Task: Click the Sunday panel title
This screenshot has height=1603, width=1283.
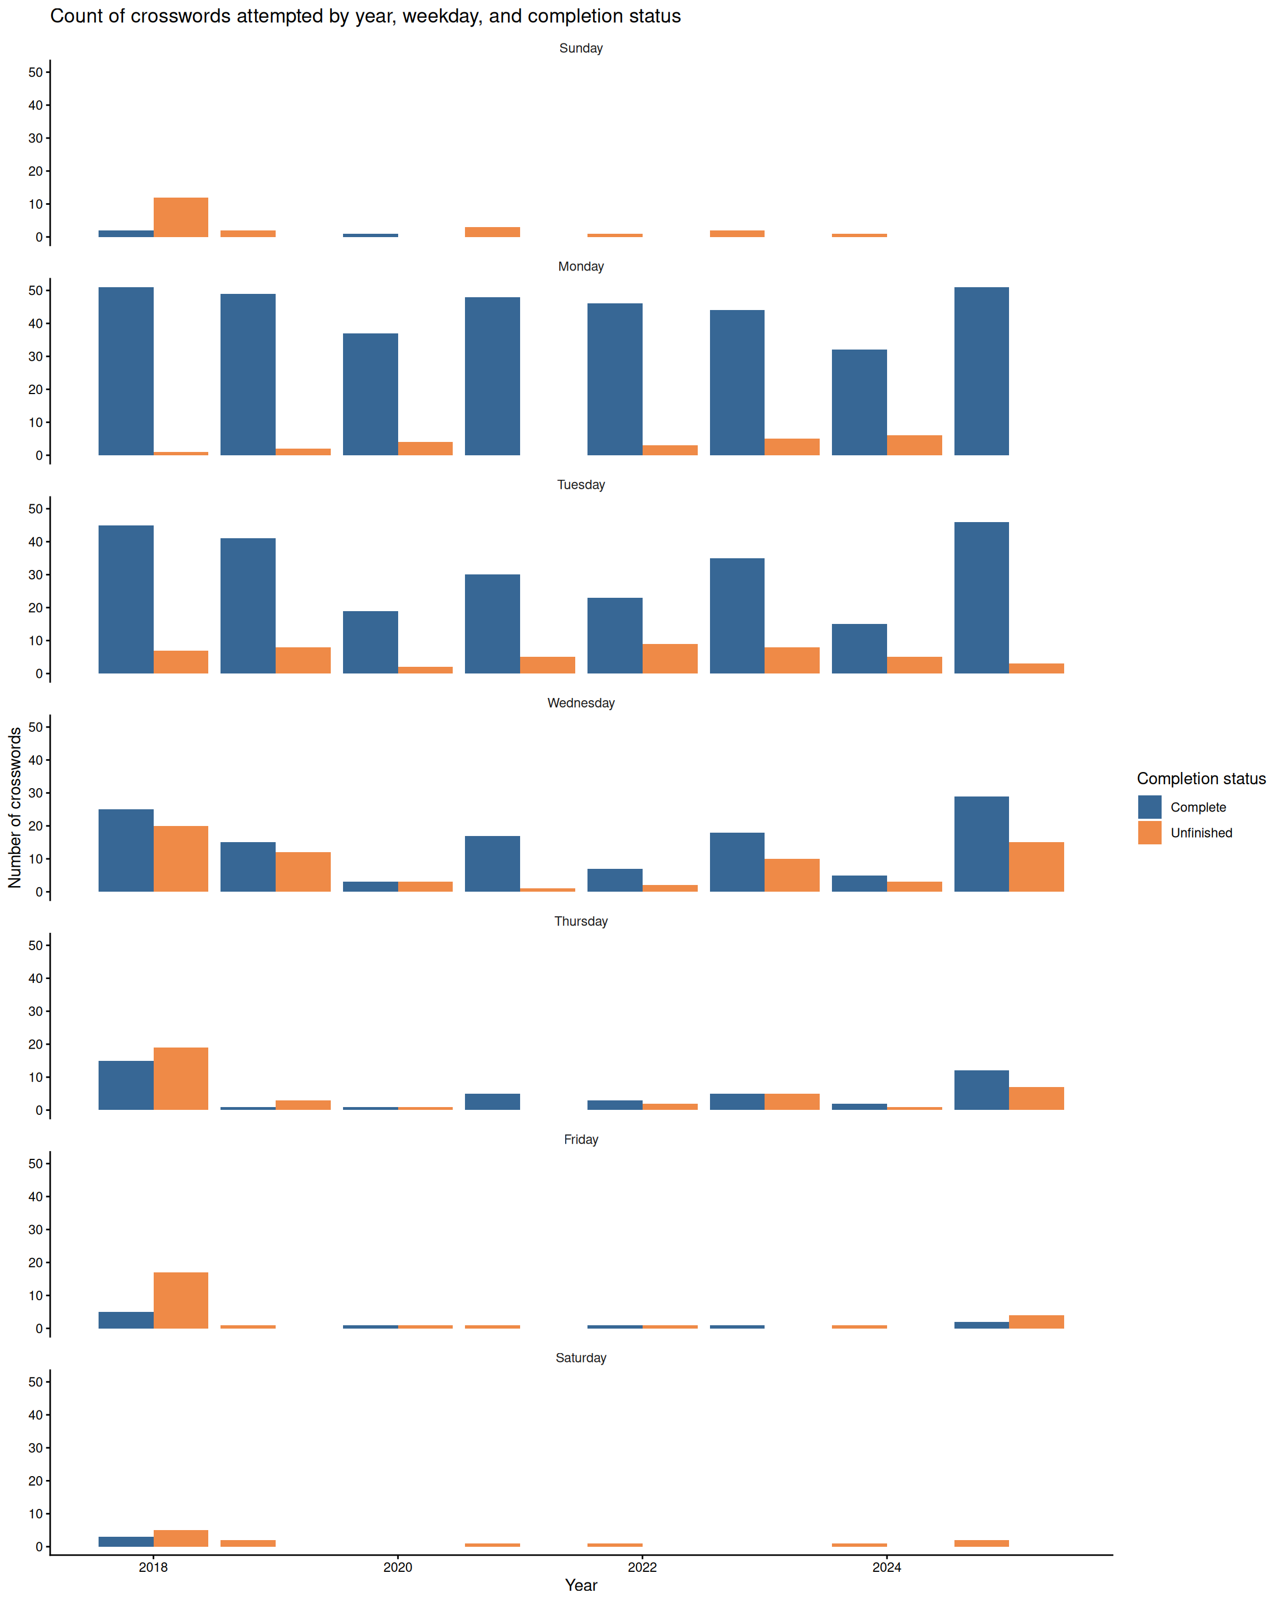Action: [x=581, y=48]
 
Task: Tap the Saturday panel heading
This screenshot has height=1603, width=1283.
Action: [x=581, y=1357]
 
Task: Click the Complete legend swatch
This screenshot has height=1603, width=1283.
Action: [x=1149, y=807]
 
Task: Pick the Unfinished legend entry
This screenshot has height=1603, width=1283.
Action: [x=1201, y=833]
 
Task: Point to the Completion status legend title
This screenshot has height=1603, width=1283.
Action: [x=1201, y=779]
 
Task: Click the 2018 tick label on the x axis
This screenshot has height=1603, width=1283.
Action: [x=153, y=1567]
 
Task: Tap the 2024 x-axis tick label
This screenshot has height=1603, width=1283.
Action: [x=887, y=1567]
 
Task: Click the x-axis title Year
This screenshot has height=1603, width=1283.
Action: [x=581, y=1585]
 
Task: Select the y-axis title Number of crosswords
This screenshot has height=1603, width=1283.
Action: [x=15, y=808]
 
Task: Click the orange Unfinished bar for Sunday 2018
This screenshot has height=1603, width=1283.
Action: [x=181, y=217]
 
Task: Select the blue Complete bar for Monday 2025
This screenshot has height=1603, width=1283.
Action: [x=981, y=371]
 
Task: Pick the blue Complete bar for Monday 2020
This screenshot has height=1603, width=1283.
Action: [x=370, y=394]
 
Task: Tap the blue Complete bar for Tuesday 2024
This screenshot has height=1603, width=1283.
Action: [x=859, y=648]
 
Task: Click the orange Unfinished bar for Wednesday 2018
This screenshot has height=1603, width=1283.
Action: [x=181, y=859]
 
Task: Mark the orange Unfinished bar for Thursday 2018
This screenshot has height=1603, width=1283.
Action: [x=181, y=1078]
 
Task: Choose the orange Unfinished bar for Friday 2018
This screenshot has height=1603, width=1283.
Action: [x=181, y=1300]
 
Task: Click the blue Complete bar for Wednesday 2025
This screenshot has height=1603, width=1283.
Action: [x=981, y=844]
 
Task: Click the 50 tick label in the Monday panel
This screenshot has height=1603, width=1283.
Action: [x=35, y=291]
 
